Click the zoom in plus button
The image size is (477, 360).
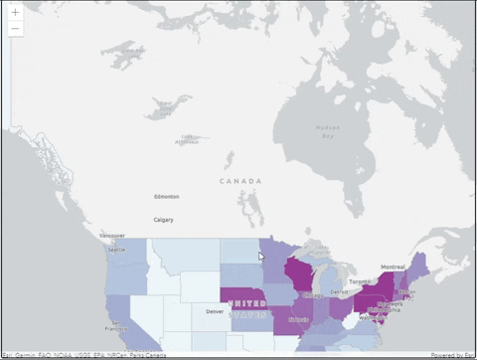tap(16, 12)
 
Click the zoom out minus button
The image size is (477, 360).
tap(16, 29)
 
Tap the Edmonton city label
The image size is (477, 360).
tap(167, 197)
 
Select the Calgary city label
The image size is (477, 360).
tap(163, 219)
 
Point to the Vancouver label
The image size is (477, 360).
tap(112, 236)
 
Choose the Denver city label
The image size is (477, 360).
tap(214, 311)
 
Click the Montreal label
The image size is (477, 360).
tap(394, 268)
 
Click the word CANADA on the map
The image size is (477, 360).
tap(242, 181)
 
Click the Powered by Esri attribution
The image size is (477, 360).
tap(452, 355)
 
